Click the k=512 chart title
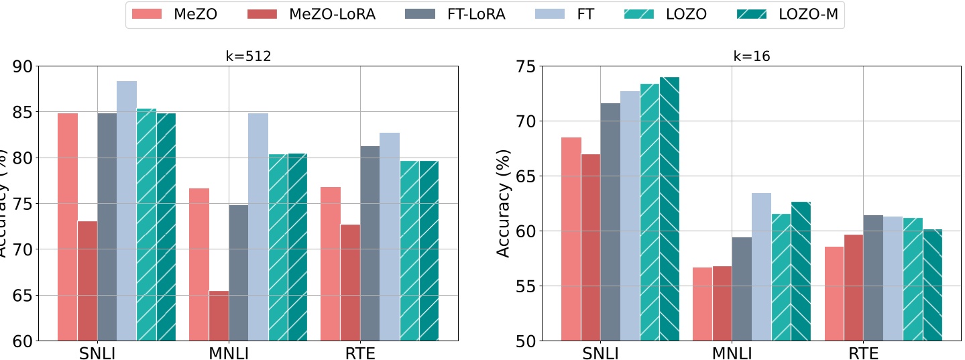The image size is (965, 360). click(x=247, y=57)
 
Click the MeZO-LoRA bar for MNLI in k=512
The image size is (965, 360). click(x=219, y=315)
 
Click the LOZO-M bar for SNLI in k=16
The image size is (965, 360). click(x=669, y=208)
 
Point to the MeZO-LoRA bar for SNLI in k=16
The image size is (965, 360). click(x=591, y=247)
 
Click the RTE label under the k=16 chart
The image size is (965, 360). click(x=863, y=353)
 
